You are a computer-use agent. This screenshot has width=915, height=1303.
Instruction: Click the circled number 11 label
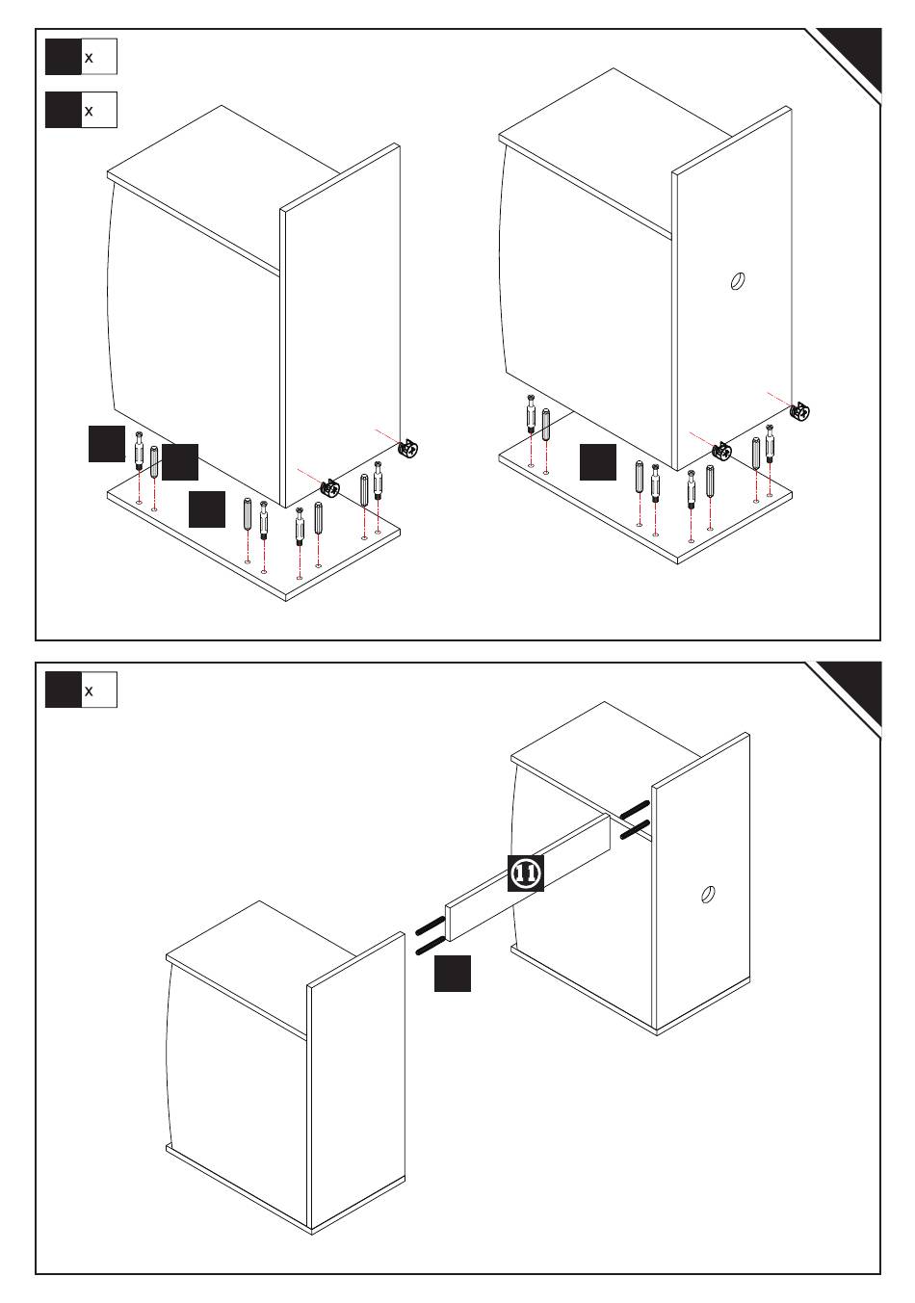pyautogui.click(x=526, y=873)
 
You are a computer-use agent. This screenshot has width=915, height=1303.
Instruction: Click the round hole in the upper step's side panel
pyautogui.click(x=736, y=283)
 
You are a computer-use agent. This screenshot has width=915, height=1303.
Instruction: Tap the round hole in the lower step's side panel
pyautogui.click(x=708, y=894)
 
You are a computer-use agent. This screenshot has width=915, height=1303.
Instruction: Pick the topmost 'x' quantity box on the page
pyautogui.click(x=82, y=57)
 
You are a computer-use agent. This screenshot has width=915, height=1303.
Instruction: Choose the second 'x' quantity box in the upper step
pyautogui.click(x=82, y=110)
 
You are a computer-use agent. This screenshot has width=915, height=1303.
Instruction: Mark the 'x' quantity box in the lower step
pyautogui.click(x=82, y=690)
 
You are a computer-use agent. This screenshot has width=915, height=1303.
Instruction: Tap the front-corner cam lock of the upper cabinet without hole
pyautogui.click(x=329, y=488)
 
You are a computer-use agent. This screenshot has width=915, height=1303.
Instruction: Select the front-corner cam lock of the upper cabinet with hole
pyautogui.click(x=721, y=450)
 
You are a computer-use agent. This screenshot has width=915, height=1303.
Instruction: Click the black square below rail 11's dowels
pyautogui.click(x=452, y=973)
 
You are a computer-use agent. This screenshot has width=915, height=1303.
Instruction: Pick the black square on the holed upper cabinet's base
pyautogui.click(x=597, y=462)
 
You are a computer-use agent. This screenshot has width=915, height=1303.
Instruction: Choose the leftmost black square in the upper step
pyautogui.click(x=107, y=443)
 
